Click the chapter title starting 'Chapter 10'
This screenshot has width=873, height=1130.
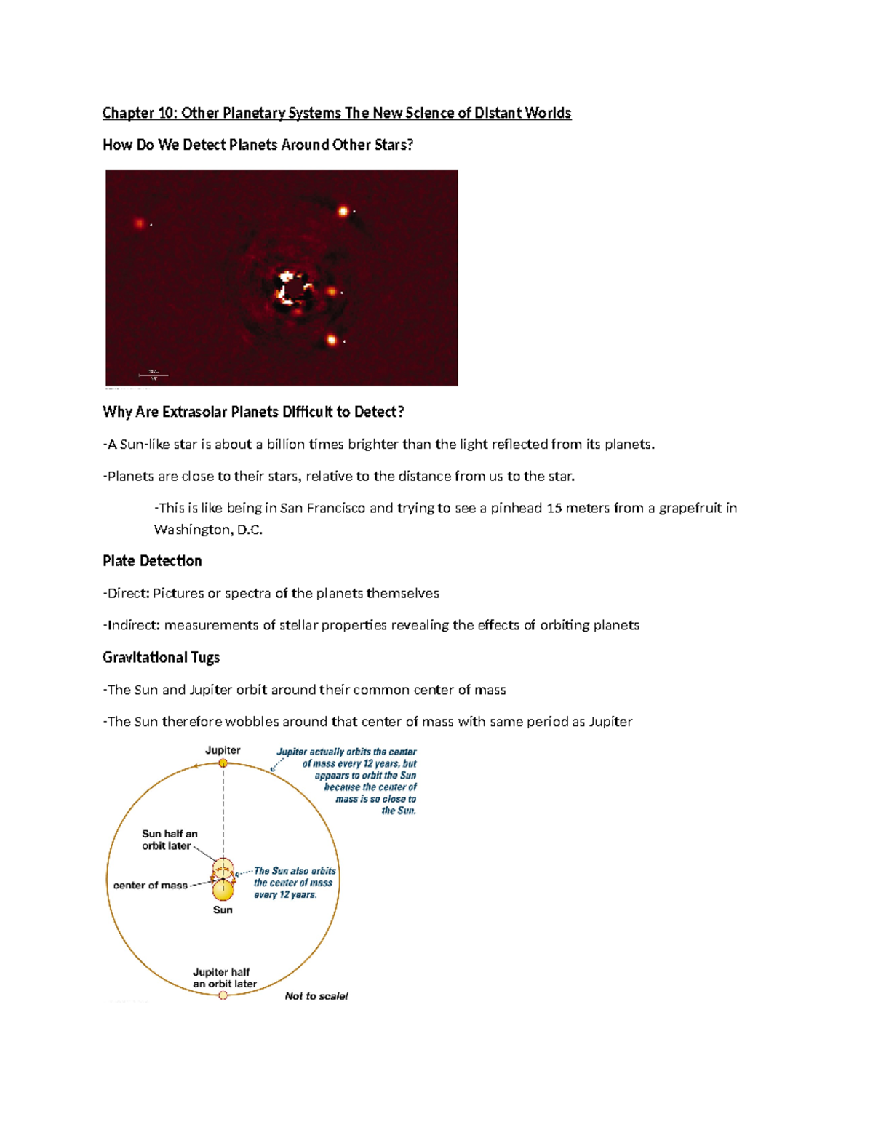[x=336, y=113]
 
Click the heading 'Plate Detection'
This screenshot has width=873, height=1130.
[x=152, y=561]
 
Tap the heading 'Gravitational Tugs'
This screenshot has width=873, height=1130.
[x=161, y=658]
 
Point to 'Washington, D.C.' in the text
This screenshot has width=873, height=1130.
[x=208, y=530]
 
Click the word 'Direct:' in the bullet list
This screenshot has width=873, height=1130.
[x=128, y=593]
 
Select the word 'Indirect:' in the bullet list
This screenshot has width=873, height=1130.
[x=133, y=625]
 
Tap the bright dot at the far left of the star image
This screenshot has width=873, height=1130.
[x=140, y=223]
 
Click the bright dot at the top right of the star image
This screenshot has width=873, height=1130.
[x=343, y=212]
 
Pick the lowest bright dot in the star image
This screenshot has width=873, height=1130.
[x=332, y=340]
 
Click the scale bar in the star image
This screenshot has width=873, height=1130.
[x=154, y=375]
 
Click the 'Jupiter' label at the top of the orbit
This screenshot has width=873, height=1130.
[x=223, y=750]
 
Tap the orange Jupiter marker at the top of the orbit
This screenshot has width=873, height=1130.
[x=223, y=763]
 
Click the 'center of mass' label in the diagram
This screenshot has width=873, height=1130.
[x=150, y=886]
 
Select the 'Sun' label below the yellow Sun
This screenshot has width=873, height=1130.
[x=223, y=910]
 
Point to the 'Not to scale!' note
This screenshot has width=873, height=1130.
[x=316, y=996]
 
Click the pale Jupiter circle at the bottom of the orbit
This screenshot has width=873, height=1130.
[x=223, y=995]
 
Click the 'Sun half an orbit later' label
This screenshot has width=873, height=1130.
[x=170, y=840]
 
